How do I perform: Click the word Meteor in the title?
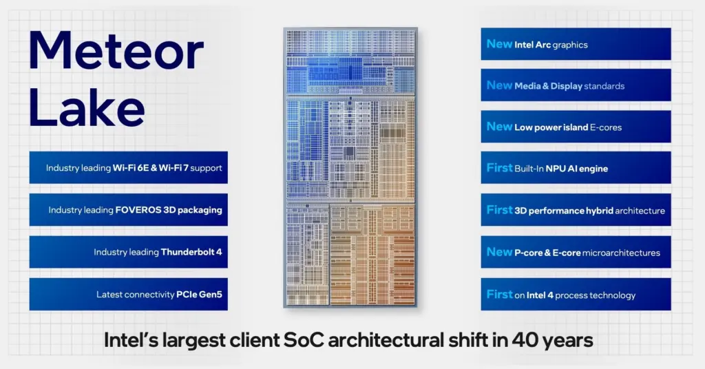tap(116, 51)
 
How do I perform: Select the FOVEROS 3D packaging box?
tap(129, 210)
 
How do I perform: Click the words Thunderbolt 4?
tap(191, 252)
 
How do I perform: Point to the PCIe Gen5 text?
tap(199, 295)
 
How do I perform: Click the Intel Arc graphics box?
tap(576, 44)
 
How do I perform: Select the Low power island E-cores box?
tap(576, 127)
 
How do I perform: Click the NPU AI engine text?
tap(577, 169)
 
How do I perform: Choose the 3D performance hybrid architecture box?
tap(576, 210)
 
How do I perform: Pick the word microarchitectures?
tap(622, 253)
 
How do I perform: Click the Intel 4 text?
tap(540, 295)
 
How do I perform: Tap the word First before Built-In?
tap(500, 168)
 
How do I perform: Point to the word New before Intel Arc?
tap(500, 44)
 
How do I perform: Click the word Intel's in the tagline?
tap(131, 340)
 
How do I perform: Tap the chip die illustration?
tap(350, 167)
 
